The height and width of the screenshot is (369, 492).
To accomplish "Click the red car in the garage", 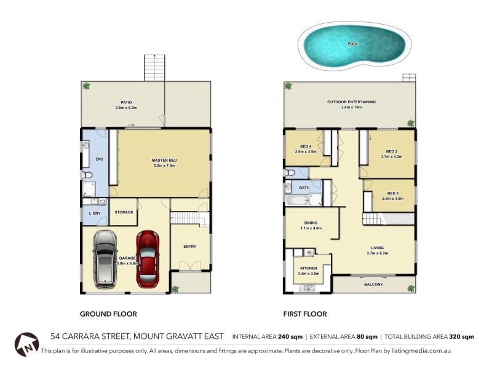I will tap(148, 259).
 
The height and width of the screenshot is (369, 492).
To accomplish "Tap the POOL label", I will tap(352, 44).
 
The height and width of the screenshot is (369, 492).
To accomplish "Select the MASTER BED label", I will tap(164, 161).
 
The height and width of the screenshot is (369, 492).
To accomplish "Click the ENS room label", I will tap(98, 159).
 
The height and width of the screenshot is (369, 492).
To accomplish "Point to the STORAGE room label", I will tap(124, 212).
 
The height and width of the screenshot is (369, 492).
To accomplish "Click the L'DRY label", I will tap(95, 213).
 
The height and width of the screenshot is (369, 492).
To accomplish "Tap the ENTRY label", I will tap(189, 247).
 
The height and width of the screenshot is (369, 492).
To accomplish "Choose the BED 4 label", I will tap(306, 146).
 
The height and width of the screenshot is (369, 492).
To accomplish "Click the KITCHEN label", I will tap(308, 268).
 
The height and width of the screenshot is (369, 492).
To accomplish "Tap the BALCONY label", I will tap(373, 284).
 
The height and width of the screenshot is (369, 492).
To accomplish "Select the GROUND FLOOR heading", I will tap(108, 314).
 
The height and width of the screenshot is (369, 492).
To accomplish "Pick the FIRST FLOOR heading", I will tap(304, 314).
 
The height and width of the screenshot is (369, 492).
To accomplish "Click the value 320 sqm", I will tap(461, 336).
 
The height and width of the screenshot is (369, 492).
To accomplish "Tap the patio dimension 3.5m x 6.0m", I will tap(126, 108).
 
